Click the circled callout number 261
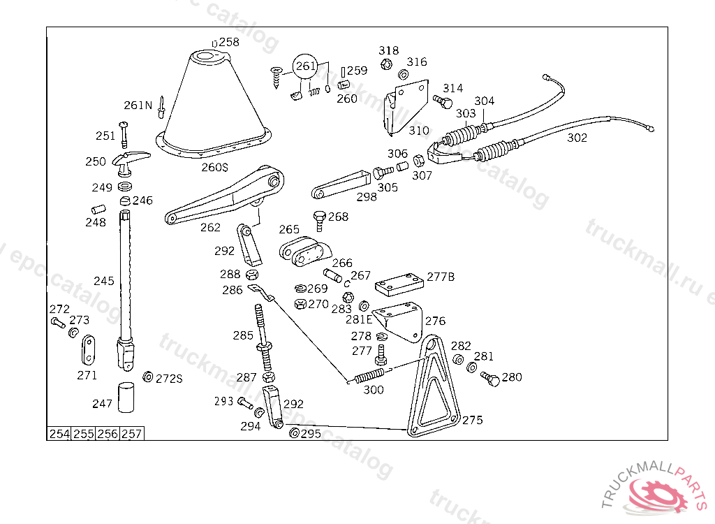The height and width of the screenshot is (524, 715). pyautogui.click(x=304, y=66)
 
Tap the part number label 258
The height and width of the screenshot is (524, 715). pyautogui.click(x=229, y=42)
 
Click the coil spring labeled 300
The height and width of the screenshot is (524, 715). pyautogui.click(x=369, y=376)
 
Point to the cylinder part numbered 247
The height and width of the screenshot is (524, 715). pyautogui.click(x=126, y=398)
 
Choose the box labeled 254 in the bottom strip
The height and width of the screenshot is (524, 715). pyautogui.click(x=59, y=434)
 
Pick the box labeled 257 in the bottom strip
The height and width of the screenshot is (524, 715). pyautogui.click(x=132, y=434)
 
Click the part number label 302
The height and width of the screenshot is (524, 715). pyautogui.click(x=577, y=138)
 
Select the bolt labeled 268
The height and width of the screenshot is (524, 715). pyautogui.click(x=319, y=221)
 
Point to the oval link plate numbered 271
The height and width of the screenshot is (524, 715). pyautogui.click(x=89, y=350)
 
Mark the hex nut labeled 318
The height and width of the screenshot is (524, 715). pyautogui.click(x=385, y=64)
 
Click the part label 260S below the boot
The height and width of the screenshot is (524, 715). pyautogui.click(x=215, y=168)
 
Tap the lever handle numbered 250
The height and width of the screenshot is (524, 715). pyautogui.click(x=129, y=162)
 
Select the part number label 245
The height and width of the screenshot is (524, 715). pyautogui.click(x=104, y=281)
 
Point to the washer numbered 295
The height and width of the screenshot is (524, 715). pyautogui.click(x=294, y=433)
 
